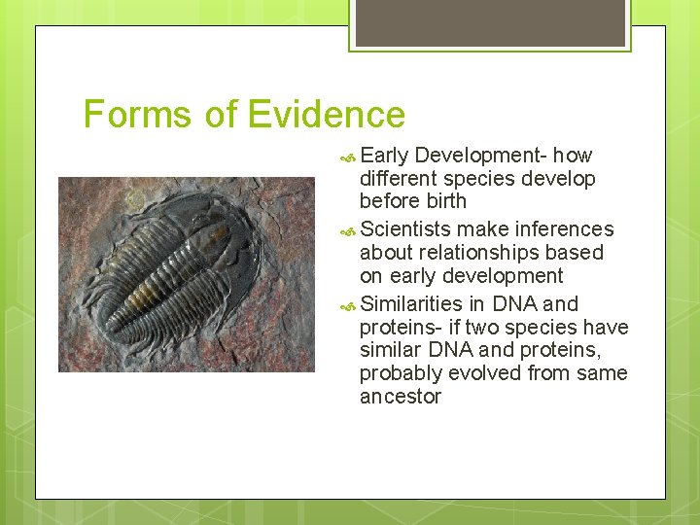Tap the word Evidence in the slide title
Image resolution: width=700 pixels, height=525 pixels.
coord(326,115)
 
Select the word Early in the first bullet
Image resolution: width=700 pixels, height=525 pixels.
coord(386,156)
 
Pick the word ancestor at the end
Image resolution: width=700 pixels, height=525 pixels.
coord(401,397)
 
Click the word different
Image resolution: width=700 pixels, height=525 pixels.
coord(399,179)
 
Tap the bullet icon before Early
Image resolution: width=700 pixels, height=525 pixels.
coord(349,157)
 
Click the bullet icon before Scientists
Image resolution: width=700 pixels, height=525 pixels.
coord(349,230)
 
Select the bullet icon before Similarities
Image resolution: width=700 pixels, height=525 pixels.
coord(349,304)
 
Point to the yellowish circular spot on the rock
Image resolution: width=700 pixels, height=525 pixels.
coord(133,198)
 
